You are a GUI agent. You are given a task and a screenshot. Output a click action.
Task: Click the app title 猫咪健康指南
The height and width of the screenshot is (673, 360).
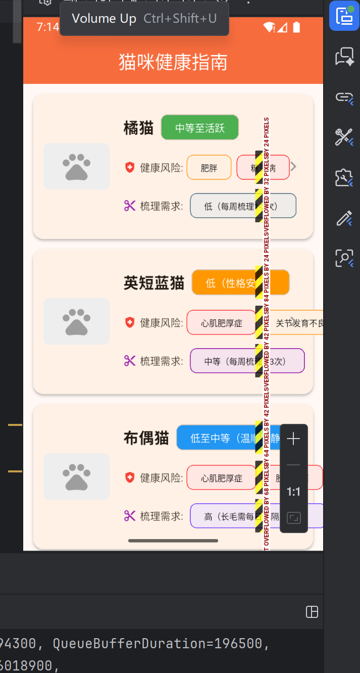point(173,63)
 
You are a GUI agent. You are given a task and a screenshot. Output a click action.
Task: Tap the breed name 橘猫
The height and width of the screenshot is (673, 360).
point(138,128)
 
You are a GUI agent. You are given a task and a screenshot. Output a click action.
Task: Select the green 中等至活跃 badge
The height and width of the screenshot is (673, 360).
point(199,128)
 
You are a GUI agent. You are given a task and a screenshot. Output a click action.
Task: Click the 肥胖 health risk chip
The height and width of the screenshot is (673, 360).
point(209,168)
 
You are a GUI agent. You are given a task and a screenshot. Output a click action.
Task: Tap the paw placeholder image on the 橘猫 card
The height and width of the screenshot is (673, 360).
point(76,166)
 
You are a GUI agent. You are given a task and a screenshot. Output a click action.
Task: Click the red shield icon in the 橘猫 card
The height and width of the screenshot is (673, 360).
point(130,167)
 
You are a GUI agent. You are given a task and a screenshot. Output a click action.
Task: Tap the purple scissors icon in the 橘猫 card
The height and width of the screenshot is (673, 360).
point(130,206)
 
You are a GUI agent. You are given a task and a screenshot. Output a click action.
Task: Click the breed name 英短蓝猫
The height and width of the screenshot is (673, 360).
point(154,283)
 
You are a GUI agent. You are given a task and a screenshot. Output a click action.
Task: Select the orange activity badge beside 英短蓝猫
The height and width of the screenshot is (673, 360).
point(240,282)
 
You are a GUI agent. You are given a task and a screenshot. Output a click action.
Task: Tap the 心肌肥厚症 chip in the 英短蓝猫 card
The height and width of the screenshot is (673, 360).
point(221,323)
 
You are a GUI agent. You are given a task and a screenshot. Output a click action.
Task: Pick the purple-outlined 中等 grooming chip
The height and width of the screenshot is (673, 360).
point(247,361)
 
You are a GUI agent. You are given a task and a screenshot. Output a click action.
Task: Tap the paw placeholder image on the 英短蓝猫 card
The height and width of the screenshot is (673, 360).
point(76,321)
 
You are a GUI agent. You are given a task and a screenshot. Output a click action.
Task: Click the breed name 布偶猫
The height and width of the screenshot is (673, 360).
point(146,438)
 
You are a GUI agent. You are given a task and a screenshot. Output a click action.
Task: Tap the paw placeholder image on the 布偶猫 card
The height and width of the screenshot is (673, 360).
point(76,476)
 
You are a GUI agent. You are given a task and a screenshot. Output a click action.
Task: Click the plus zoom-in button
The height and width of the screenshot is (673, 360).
point(293,439)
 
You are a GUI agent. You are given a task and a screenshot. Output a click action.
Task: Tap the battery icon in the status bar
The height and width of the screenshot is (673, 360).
point(296,27)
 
